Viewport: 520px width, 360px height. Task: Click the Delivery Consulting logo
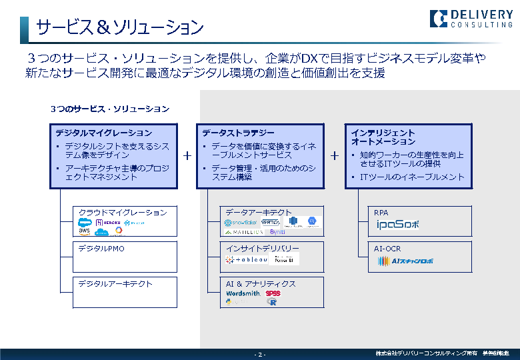[471, 19]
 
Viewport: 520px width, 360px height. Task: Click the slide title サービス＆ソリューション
[120, 27]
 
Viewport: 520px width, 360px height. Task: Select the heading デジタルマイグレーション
[104, 133]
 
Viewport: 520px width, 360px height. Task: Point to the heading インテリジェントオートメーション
[383, 137]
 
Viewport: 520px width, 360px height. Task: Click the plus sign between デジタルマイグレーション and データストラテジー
[187, 155]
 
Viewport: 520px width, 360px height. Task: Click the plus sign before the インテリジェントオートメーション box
[334, 155]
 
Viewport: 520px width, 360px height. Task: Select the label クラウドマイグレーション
[123, 213]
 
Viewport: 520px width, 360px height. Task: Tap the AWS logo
[85, 231]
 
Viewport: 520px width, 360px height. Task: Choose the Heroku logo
[108, 222]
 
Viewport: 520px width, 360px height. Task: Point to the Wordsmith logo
[243, 293]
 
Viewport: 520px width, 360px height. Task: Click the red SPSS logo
[273, 293]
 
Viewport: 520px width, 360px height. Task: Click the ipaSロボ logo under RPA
[397, 225]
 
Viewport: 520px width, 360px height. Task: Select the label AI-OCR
[387, 249]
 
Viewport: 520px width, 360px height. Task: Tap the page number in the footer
[260, 354]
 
